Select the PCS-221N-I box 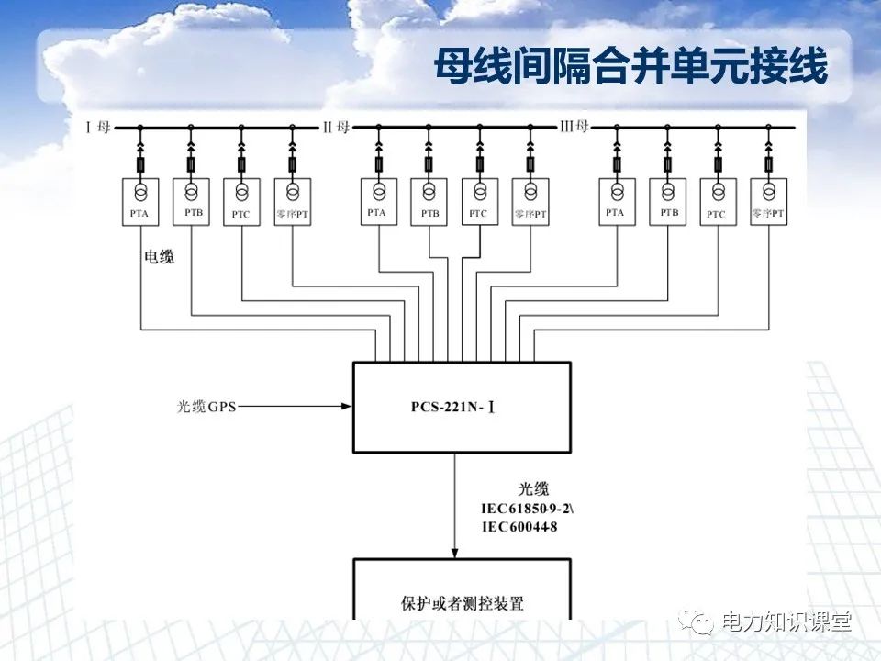462,406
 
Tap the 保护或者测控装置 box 462,597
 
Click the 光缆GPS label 206,405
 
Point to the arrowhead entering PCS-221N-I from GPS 347,405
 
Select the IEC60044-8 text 519,527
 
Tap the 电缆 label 159,258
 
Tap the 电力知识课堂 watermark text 786,622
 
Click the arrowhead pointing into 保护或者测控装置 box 455,551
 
